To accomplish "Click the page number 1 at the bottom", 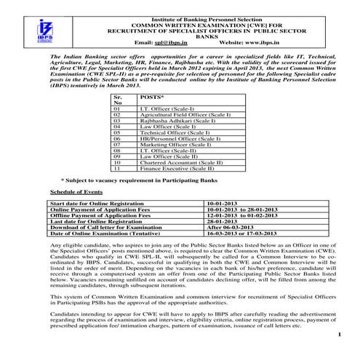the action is pos(339,333).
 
